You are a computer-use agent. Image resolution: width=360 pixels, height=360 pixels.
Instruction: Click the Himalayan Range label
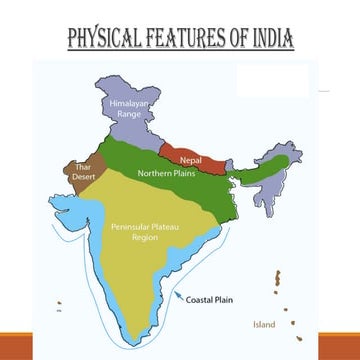[x=129, y=108]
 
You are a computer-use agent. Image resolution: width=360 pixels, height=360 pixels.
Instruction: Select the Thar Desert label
[x=83, y=173]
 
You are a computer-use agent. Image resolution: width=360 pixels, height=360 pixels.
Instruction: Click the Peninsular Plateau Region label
[x=138, y=232]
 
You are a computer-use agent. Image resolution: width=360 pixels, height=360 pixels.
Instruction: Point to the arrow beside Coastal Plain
[x=182, y=294]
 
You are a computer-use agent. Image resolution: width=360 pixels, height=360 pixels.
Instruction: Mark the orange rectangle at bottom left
[x=16, y=346]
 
